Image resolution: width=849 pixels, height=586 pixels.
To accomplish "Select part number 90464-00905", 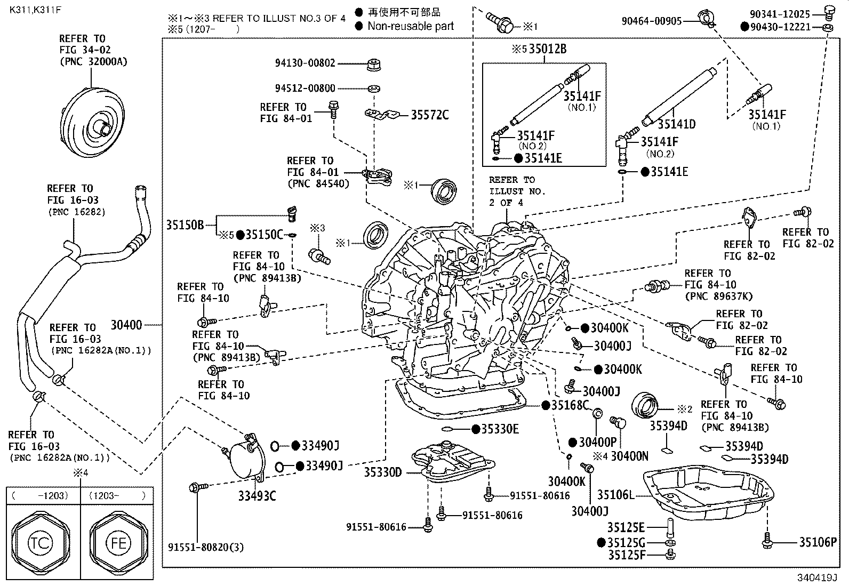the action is tap(651, 21).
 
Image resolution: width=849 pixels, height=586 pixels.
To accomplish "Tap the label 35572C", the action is tap(430, 115).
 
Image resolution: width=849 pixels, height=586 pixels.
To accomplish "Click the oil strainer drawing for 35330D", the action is tap(453, 461).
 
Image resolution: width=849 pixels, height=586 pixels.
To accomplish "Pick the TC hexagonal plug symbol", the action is tap(40, 543).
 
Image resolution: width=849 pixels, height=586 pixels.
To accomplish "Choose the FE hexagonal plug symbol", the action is tap(118, 543).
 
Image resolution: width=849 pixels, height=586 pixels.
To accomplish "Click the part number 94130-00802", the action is tap(305, 63).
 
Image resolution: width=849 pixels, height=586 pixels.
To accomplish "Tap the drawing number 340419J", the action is tap(817, 577).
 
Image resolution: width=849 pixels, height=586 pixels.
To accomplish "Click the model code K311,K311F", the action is tap(35, 10).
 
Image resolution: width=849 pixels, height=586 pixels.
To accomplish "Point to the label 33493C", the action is tap(257, 496).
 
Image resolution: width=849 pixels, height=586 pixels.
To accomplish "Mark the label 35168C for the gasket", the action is tap(570, 405).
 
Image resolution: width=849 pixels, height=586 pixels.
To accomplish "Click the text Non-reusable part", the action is tap(411, 26).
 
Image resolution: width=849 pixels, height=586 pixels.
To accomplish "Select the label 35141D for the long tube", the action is tap(677, 124).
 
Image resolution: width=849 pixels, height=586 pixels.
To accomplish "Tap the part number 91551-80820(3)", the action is tap(206, 547).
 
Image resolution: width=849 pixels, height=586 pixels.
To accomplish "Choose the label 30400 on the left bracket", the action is tap(126, 325).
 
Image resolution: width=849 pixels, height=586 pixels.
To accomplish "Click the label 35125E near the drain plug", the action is tap(626, 527).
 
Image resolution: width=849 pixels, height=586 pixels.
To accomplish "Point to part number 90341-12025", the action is tap(780, 14).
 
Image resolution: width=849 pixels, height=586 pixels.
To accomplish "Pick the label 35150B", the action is tap(185, 225).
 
